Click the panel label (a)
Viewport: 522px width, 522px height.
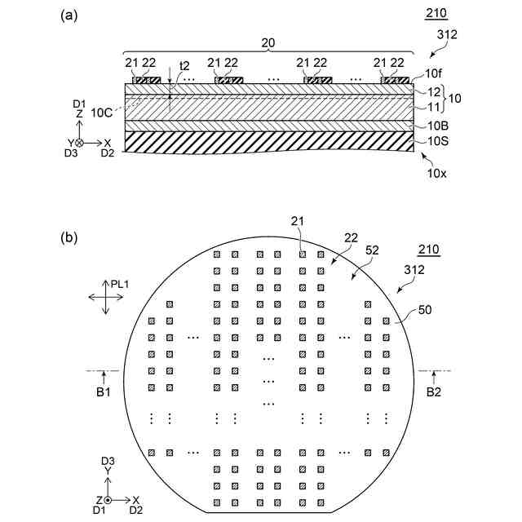pyautogui.click(x=69, y=15)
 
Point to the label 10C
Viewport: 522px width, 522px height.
pyautogui.click(x=104, y=112)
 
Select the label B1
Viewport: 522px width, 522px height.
pyautogui.click(x=104, y=391)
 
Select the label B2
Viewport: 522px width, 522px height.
pyautogui.click(x=434, y=391)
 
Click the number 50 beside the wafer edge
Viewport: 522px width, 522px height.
pyautogui.click(x=426, y=311)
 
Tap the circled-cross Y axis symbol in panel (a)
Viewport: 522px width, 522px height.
pyautogui.click(x=79, y=143)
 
